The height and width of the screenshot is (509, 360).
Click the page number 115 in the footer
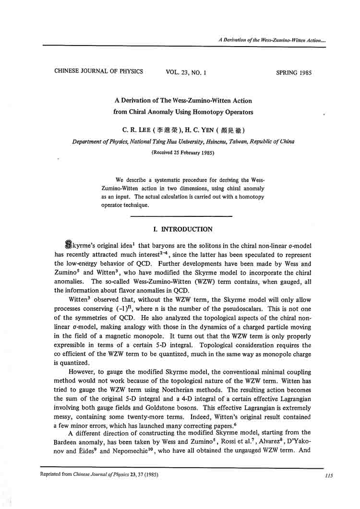tap(329, 475)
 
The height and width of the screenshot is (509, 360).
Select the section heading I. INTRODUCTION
tap(181, 229)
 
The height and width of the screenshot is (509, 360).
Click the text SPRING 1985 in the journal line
tap(294, 73)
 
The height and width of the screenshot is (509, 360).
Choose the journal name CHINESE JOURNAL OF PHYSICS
tap(98, 71)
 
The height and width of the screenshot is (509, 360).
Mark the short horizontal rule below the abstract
tap(181, 217)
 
